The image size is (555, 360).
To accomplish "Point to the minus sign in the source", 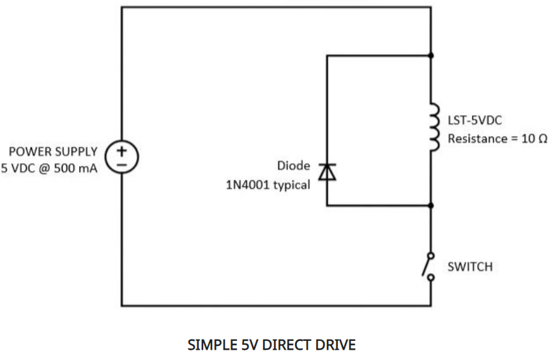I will (x=121, y=163).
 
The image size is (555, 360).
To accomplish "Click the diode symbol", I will (x=327, y=171).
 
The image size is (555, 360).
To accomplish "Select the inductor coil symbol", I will (x=434, y=130).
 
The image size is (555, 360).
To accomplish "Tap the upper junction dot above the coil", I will (x=432, y=56).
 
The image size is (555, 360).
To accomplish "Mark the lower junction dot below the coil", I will (x=432, y=206).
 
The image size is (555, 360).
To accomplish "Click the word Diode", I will (x=293, y=166).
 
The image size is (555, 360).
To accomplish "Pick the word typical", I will (x=292, y=186).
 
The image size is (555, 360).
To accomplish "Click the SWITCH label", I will (x=469, y=266).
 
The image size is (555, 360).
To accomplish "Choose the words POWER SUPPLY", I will (x=53, y=152).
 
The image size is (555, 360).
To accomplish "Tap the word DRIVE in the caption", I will (x=335, y=345).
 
